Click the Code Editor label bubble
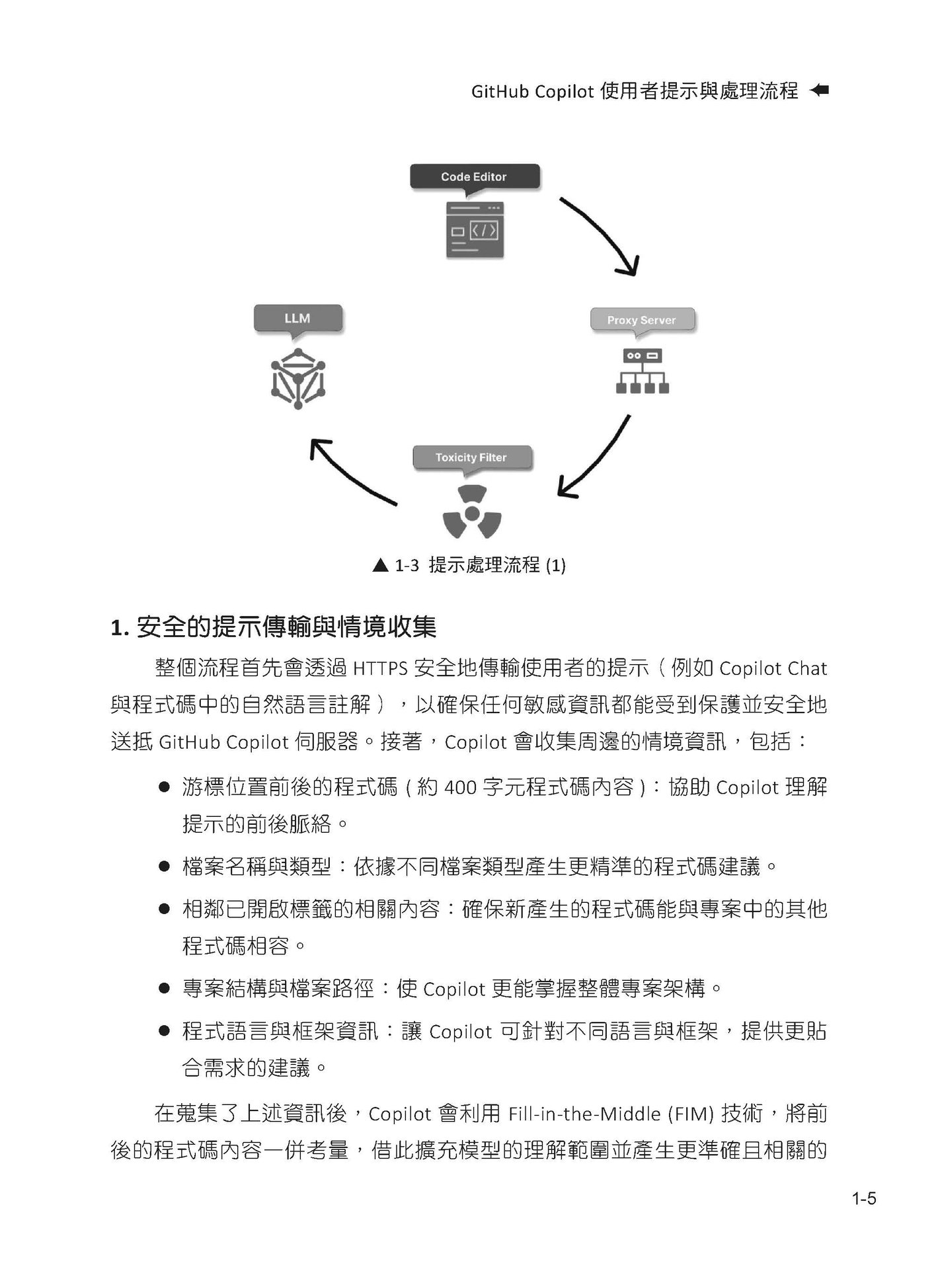[x=474, y=177]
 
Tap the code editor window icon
[x=474, y=230]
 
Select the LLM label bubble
[x=297, y=319]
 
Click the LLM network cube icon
[x=297, y=379]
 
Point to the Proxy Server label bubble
[x=641, y=321]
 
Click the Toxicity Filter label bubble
[x=471, y=457]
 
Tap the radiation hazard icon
[x=471, y=514]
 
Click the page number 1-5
[x=864, y=1198]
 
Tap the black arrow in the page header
[x=819, y=91]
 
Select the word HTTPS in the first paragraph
[x=380, y=669]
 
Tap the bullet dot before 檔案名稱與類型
[x=165, y=866]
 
